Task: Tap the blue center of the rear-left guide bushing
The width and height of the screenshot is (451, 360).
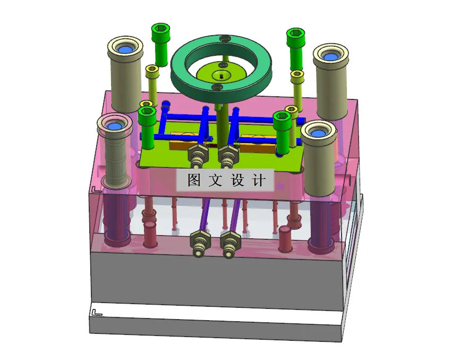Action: [x=125, y=49]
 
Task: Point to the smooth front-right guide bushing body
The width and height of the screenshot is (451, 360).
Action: [x=319, y=165]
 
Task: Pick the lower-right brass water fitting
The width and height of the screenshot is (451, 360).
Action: [x=229, y=245]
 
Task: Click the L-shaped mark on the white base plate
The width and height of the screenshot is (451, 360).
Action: [x=96, y=312]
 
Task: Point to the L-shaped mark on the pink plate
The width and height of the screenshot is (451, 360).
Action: [x=95, y=189]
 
